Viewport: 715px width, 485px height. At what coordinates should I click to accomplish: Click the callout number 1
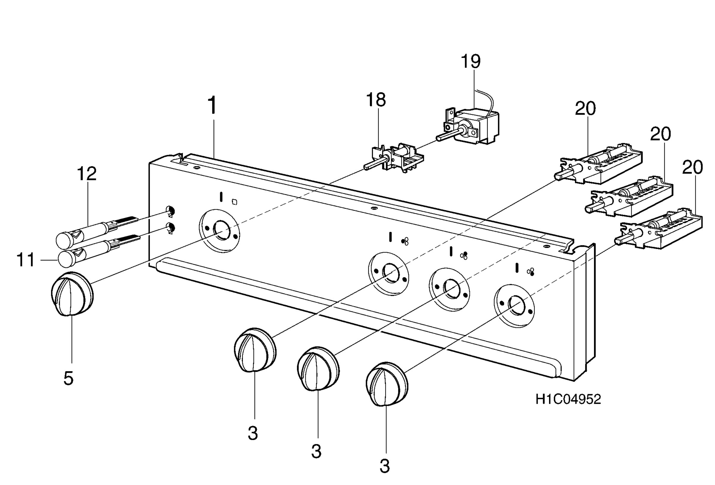pos(213,105)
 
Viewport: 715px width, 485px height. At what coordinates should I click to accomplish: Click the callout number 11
pos(26,260)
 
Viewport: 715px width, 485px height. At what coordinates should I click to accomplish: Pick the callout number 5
pos(68,378)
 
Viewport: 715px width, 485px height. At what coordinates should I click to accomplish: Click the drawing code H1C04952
pos(568,400)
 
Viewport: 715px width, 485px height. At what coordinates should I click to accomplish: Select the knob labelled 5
pos(72,294)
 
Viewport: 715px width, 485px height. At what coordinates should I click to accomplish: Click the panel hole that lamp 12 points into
pos(170,211)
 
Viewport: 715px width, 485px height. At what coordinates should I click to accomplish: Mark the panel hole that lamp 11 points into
pos(171,228)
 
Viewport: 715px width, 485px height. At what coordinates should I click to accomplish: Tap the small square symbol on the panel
pos(234,202)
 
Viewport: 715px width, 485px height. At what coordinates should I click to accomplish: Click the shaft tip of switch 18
pos(366,167)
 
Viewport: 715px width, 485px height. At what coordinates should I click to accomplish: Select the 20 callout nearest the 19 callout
pos(585,108)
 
